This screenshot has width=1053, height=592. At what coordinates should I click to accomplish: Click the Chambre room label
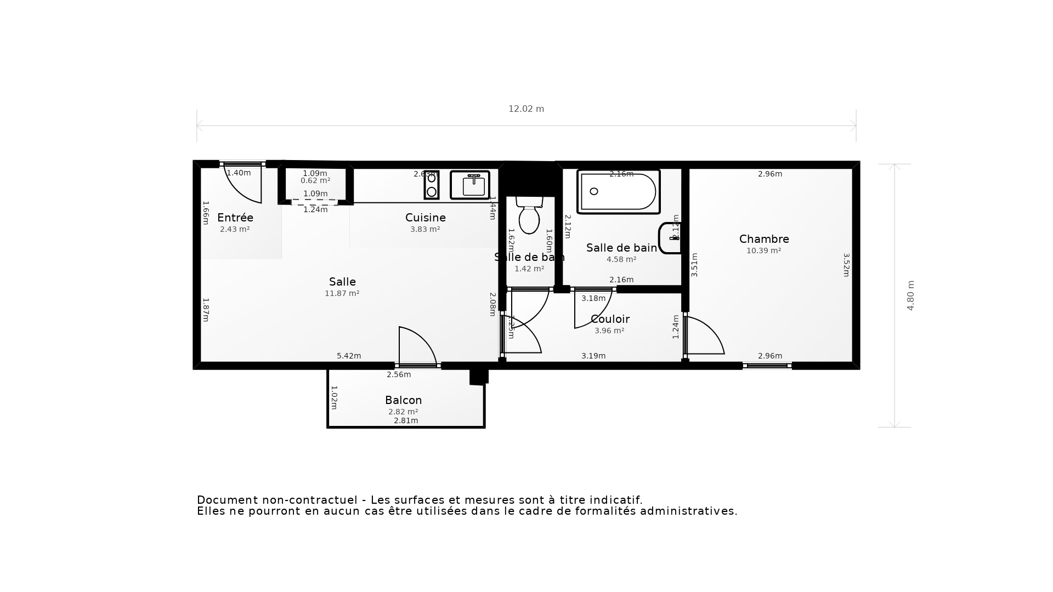click(764, 239)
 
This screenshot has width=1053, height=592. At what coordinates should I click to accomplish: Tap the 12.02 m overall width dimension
click(526, 109)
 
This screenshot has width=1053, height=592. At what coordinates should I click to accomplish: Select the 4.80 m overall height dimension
click(910, 295)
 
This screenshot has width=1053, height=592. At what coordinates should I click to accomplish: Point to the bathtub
click(618, 191)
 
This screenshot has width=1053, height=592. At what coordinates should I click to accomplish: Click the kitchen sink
click(470, 185)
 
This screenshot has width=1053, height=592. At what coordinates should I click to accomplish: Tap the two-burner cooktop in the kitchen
click(432, 185)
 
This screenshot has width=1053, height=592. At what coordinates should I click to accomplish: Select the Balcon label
click(403, 400)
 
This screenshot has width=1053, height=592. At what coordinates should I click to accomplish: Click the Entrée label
click(235, 218)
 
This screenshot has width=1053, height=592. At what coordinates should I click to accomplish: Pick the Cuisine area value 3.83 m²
click(425, 230)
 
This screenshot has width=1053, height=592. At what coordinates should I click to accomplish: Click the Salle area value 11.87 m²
click(342, 293)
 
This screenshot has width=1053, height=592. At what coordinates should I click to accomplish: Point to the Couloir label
click(610, 319)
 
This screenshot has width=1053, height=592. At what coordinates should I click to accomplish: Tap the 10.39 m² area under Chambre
click(763, 251)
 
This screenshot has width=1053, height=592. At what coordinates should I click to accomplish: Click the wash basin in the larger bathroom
click(670, 238)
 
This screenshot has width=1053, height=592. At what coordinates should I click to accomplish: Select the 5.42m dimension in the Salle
click(349, 356)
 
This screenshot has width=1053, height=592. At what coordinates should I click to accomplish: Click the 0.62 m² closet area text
click(315, 180)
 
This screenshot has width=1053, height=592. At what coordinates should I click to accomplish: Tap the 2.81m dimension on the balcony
click(406, 420)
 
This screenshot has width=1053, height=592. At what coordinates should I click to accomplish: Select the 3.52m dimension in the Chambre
click(846, 265)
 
